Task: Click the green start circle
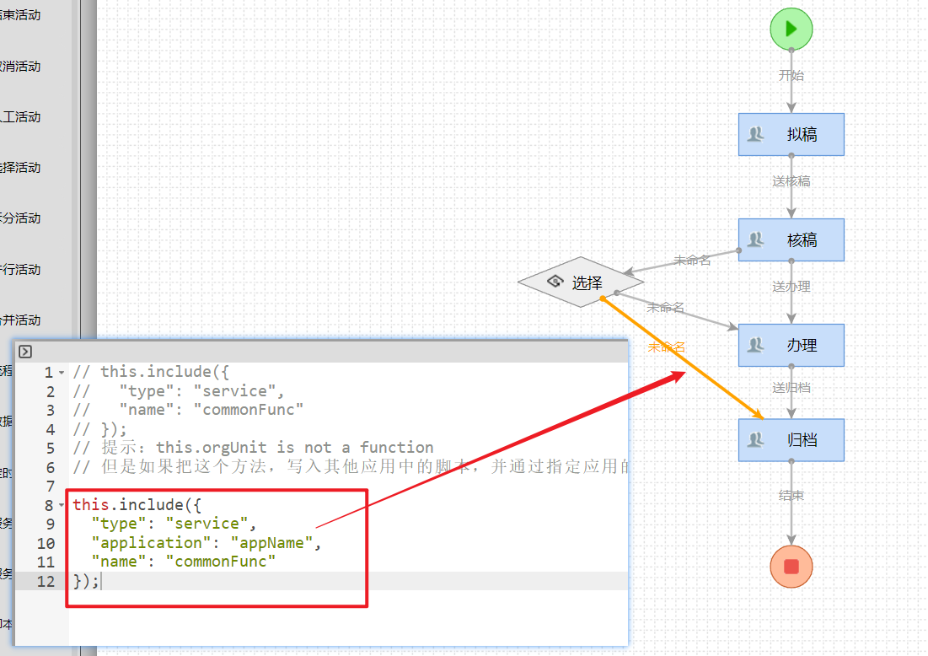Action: click(791, 29)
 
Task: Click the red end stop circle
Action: click(791, 567)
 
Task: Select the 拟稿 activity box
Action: click(791, 134)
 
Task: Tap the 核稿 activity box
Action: click(791, 239)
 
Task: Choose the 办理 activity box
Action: click(791, 345)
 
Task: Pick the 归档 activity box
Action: click(791, 440)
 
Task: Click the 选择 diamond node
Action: click(576, 282)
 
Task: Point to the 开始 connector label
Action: click(791, 75)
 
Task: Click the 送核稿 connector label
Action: click(791, 181)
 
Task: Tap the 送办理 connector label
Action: click(791, 287)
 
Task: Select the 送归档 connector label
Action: click(791, 388)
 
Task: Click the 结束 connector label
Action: click(791, 496)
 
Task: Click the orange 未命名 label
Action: click(666, 347)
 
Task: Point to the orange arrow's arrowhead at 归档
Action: click(759, 416)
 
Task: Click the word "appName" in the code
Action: click(271, 542)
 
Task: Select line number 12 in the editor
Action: click(46, 581)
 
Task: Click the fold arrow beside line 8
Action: click(62, 505)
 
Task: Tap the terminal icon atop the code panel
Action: click(25, 352)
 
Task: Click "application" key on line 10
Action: click(153, 542)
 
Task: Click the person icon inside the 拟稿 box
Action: click(756, 134)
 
